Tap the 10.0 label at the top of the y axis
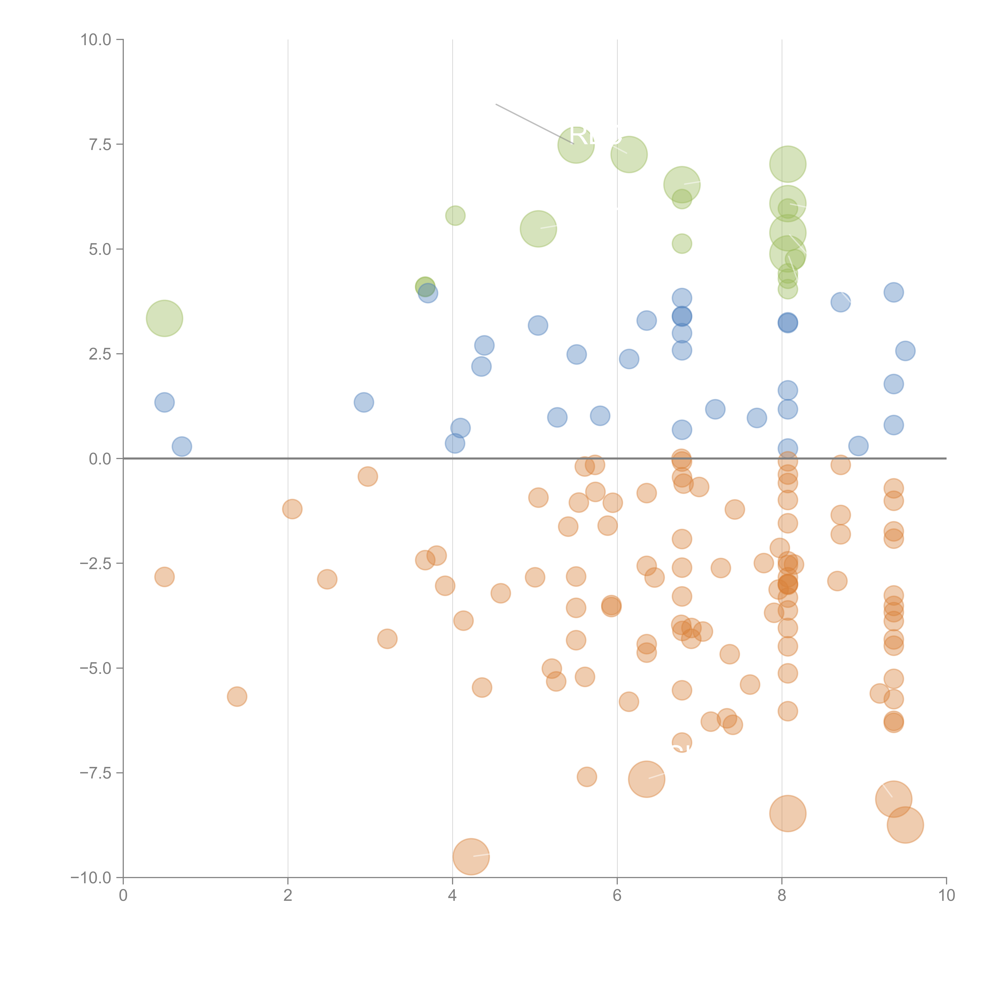coord(96,40)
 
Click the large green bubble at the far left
coord(164,318)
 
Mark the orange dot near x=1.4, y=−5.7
coord(237,697)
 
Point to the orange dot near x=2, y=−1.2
coord(292,509)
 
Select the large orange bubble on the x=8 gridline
coord(787,813)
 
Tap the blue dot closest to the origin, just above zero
coord(182,446)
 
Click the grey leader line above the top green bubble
coord(533,124)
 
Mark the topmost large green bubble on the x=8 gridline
coord(787,164)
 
